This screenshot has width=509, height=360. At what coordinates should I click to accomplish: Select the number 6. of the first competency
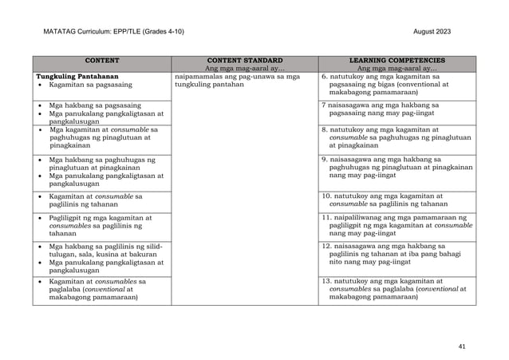[x=324, y=76]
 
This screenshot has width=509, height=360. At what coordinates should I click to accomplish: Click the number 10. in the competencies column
[x=326, y=195]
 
